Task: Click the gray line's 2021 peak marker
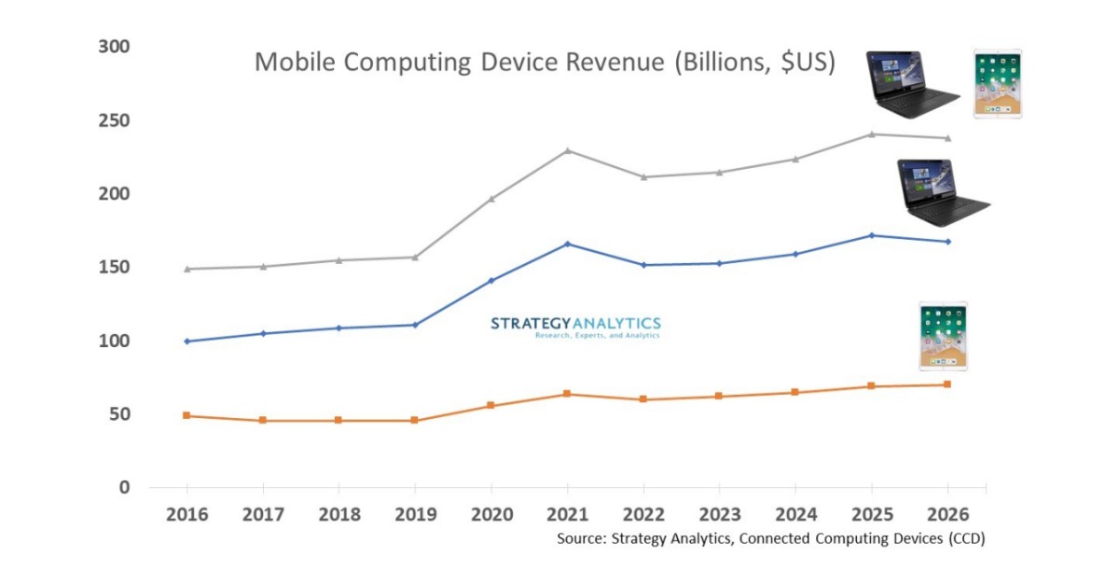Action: [x=567, y=150]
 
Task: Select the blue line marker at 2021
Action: [x=567, y=244]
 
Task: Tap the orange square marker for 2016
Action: [x=186, y=415]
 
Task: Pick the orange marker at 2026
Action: [x=947, y=384]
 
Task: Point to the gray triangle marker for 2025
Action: [x=871, y=133]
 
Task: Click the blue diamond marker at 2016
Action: [x=186, y=341]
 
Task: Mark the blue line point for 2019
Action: [x=415, y=325]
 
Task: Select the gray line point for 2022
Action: [x=643, y=176]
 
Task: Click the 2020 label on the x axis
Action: [x=490, y=514]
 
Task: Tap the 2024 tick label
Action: [x=794, y=514]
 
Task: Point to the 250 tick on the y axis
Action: [x=115, y=120]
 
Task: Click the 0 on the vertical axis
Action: [x=124, y=487]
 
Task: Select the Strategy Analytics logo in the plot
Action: [x=575, y=327]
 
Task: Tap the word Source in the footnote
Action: [x=583, y=538]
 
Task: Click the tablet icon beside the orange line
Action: [x=943, y=335]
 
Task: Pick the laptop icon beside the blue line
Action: [x=940, y=192]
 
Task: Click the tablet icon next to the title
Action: [x=997, y=83]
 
